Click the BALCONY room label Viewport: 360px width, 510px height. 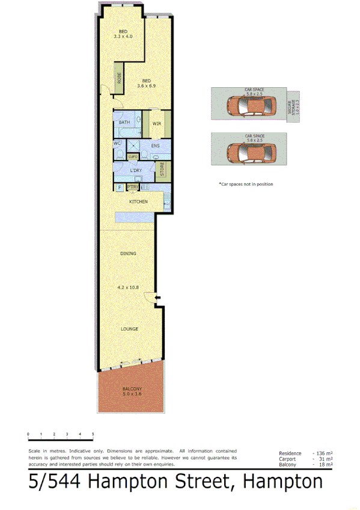[132, 389]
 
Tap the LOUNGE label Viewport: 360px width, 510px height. [129, 329]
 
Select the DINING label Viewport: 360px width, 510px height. [128, 254]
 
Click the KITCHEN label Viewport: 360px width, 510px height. [138, 201]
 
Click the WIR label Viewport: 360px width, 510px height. [156, 124]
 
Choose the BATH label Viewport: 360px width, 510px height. [124, 123]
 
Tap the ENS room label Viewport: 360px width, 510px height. [155, 146]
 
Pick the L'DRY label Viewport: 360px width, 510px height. [136, 171]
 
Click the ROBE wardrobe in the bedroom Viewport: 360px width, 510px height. [120, 78]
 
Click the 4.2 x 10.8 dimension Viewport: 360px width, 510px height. [129, 287]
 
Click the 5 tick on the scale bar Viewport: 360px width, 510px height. [93, 434]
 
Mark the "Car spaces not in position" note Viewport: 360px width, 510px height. [245, 184]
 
